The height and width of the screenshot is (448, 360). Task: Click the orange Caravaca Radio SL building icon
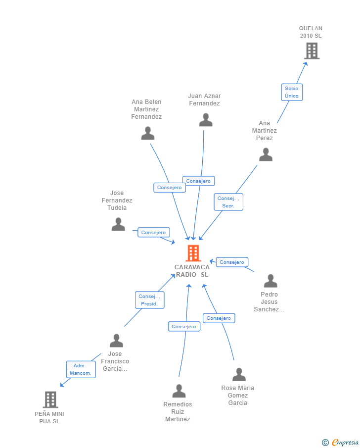pos(193,253)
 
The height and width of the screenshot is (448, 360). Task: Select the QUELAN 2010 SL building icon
pos(312,51)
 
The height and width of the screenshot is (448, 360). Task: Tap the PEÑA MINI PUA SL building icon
pos(50,399)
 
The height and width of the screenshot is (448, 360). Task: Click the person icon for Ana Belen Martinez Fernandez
pos(148,133)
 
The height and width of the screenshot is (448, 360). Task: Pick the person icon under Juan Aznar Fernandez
pos(206,120)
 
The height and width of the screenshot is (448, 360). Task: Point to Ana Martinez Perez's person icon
pos(266,155)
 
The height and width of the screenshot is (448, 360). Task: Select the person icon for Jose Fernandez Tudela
pos(118,224)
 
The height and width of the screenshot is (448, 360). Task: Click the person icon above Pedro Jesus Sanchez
pos(270,281)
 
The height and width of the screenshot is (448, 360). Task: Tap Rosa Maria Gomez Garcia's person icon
pos(239,375)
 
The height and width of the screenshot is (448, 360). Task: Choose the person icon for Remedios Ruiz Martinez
pos(179,391)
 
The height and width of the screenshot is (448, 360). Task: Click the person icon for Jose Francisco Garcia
pos(116,341)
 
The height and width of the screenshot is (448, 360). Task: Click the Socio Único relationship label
pos(292,92)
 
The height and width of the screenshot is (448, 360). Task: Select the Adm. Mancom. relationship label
pos(81,369)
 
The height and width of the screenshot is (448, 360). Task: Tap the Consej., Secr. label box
pos(228,202)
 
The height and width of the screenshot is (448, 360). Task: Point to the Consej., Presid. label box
pos(149,300)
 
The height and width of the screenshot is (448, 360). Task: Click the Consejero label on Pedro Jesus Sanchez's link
pos(232,262)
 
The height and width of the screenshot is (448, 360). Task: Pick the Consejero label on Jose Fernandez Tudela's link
pos(154,232)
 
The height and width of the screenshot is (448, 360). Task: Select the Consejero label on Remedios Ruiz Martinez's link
pos(184,327)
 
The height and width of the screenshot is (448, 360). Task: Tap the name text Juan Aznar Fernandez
pos(204,100)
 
